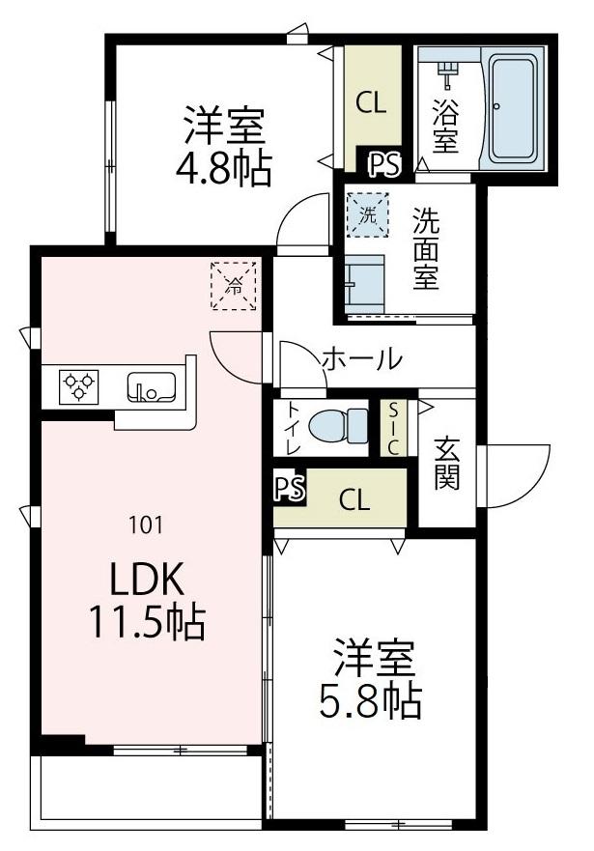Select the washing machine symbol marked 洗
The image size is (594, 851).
click(368, 214)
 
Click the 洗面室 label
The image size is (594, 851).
click(426, 248)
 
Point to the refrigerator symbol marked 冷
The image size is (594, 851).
click(233, 285)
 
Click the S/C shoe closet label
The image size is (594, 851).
click(394, 427)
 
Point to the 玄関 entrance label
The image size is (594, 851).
click(446, 464)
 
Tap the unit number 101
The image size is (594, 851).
click(145, 525)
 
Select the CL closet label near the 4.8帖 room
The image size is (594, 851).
click(371, 102)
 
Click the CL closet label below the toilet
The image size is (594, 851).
click(354, 499)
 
